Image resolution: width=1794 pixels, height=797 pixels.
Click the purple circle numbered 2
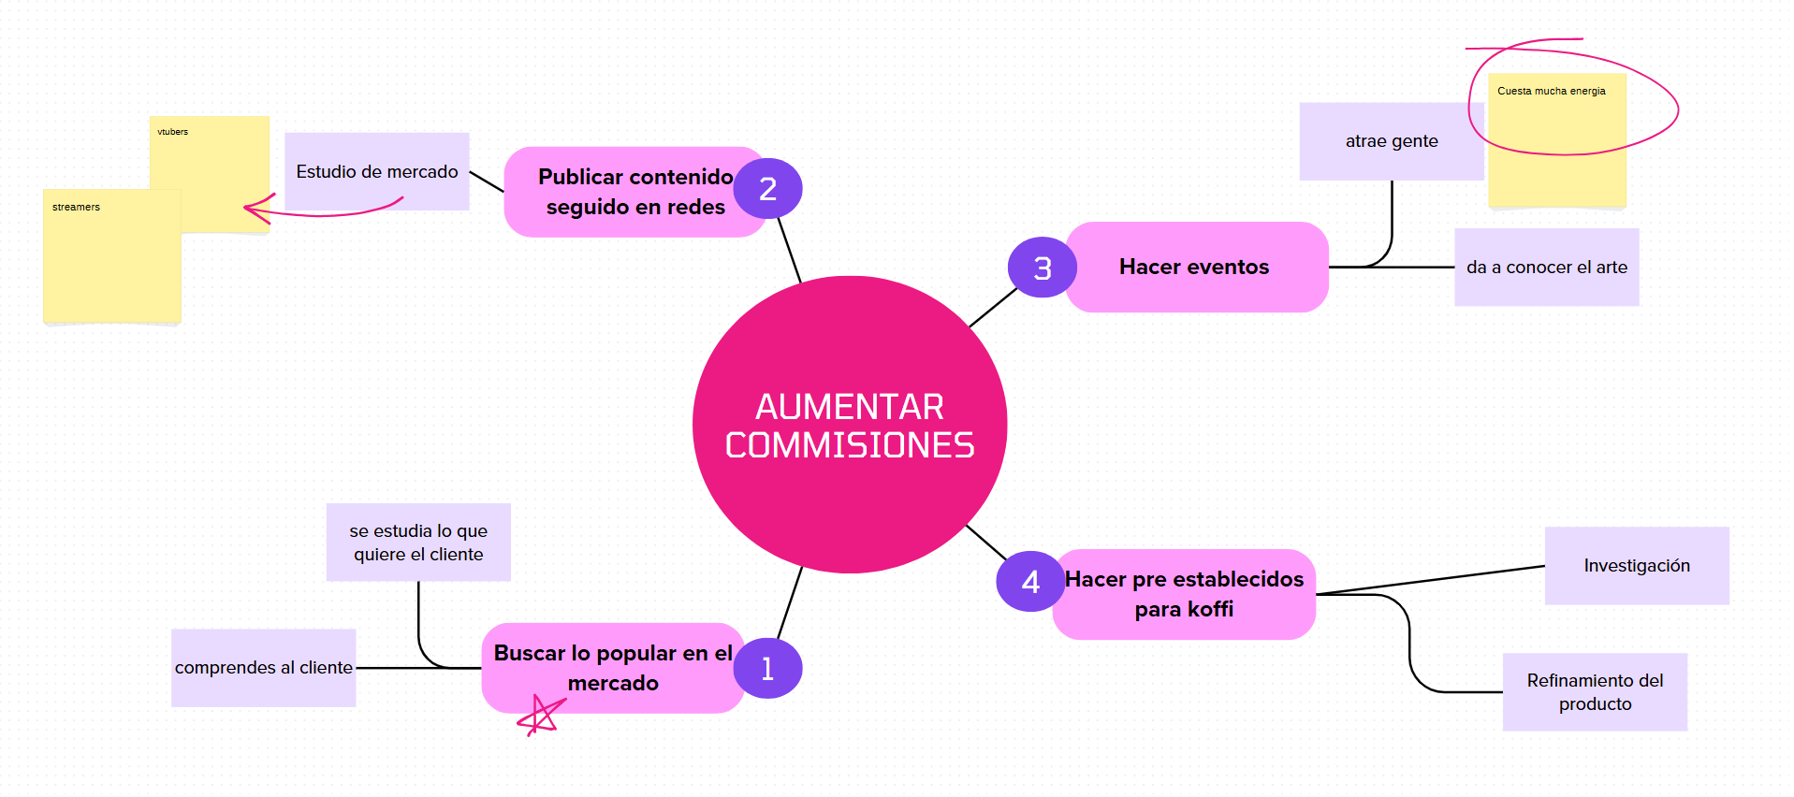[x=767, y=189]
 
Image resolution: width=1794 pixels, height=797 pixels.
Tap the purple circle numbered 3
[x=1042, y=268]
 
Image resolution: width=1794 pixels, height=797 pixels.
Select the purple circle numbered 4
[x=1030, y=582]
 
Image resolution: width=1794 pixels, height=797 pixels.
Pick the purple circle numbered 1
[x=767, y=669]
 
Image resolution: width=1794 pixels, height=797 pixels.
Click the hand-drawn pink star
[x=541, y=716]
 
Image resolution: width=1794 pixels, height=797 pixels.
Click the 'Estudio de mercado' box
[x=376, y=171]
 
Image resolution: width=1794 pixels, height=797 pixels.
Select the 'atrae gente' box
[x=1391, y=141]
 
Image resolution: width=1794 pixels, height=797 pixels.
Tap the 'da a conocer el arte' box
[x=1546, y=268]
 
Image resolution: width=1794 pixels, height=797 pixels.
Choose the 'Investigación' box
[x=1636, y=566]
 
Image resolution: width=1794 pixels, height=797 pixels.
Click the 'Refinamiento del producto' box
[x=1595, y=692]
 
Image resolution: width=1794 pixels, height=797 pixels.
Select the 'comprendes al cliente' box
[x=263, y=668]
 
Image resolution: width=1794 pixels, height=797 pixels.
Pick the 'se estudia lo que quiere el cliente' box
[x=418, y=543]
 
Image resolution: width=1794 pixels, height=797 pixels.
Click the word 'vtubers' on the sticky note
[x=172, y=132]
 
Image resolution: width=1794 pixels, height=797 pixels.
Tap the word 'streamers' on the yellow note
[x=76, y=207]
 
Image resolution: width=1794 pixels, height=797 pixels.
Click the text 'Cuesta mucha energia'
[x=1551, y=91]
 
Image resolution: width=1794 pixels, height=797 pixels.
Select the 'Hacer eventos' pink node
[x=1194, y=268]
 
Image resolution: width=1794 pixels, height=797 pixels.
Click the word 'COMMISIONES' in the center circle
[x=849, y=446]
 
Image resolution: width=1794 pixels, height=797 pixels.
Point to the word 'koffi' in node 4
[x=1210, y=610]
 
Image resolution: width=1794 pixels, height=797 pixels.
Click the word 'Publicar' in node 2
[x=580, y=177]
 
